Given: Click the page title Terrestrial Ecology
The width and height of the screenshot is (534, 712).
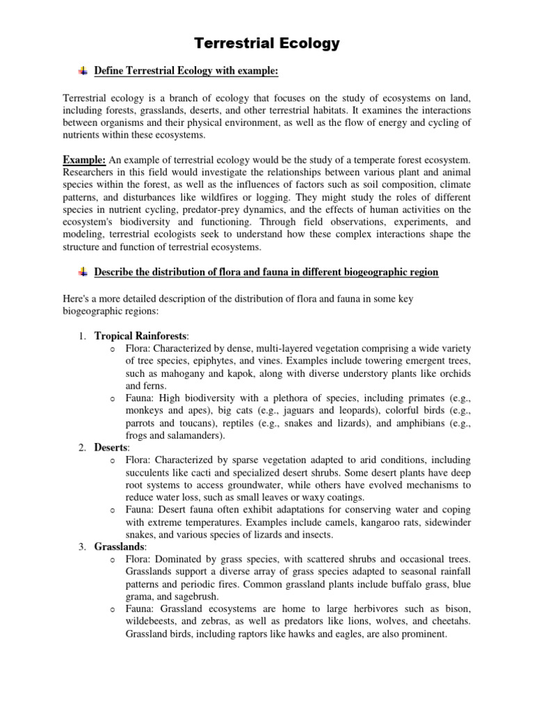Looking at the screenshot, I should click(x=267, y=44).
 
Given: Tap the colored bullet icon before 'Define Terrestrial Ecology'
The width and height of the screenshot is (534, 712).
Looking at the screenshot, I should click(x=83, y=70).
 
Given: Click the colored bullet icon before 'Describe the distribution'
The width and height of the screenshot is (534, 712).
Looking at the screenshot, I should click(x=83, y=271).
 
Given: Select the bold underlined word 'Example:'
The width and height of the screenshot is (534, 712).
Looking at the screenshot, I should click(x=83, y=160).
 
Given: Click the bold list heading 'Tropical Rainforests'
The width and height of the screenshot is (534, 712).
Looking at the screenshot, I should click(x=140, y=336).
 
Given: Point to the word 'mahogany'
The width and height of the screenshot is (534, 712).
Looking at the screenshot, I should click(x=169, y=373).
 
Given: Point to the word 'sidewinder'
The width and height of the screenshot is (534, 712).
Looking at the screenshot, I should click(x=444, y=521).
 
